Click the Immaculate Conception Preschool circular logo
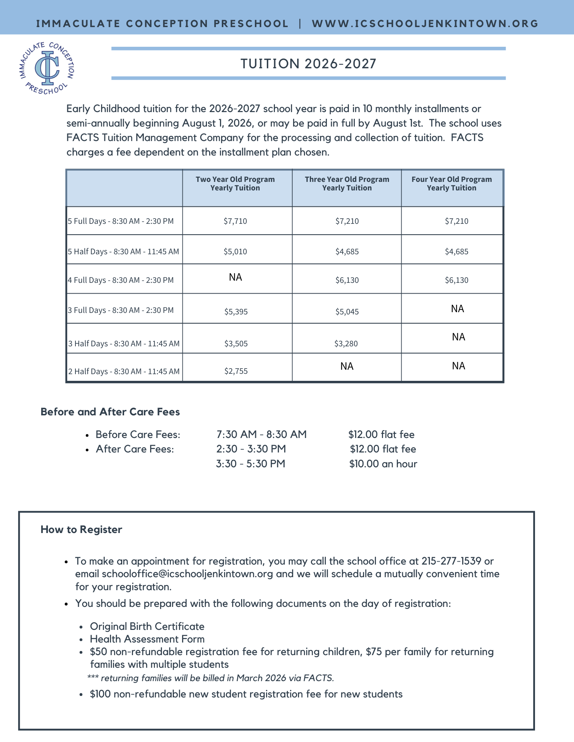(47, 68)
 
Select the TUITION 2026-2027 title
(308, 64)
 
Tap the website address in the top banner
(425, 24)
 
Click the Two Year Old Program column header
(235, 184)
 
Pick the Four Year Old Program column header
(451, 184)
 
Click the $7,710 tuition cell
(235, 221)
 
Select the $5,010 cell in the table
(235, 252)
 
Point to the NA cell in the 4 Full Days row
(236, 277)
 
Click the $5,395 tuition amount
(236, 312)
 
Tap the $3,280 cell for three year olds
(346, 344)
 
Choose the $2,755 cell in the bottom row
(236, 371)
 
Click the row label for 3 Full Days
(121, 310)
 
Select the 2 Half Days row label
(124, 371)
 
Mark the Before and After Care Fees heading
(110, 412)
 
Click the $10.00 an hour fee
(383, 464)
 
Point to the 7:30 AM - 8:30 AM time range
(262, 435)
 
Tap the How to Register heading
(81, 530)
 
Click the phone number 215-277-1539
(451, 561)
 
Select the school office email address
(187, 574)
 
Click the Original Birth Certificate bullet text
(147, 627)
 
